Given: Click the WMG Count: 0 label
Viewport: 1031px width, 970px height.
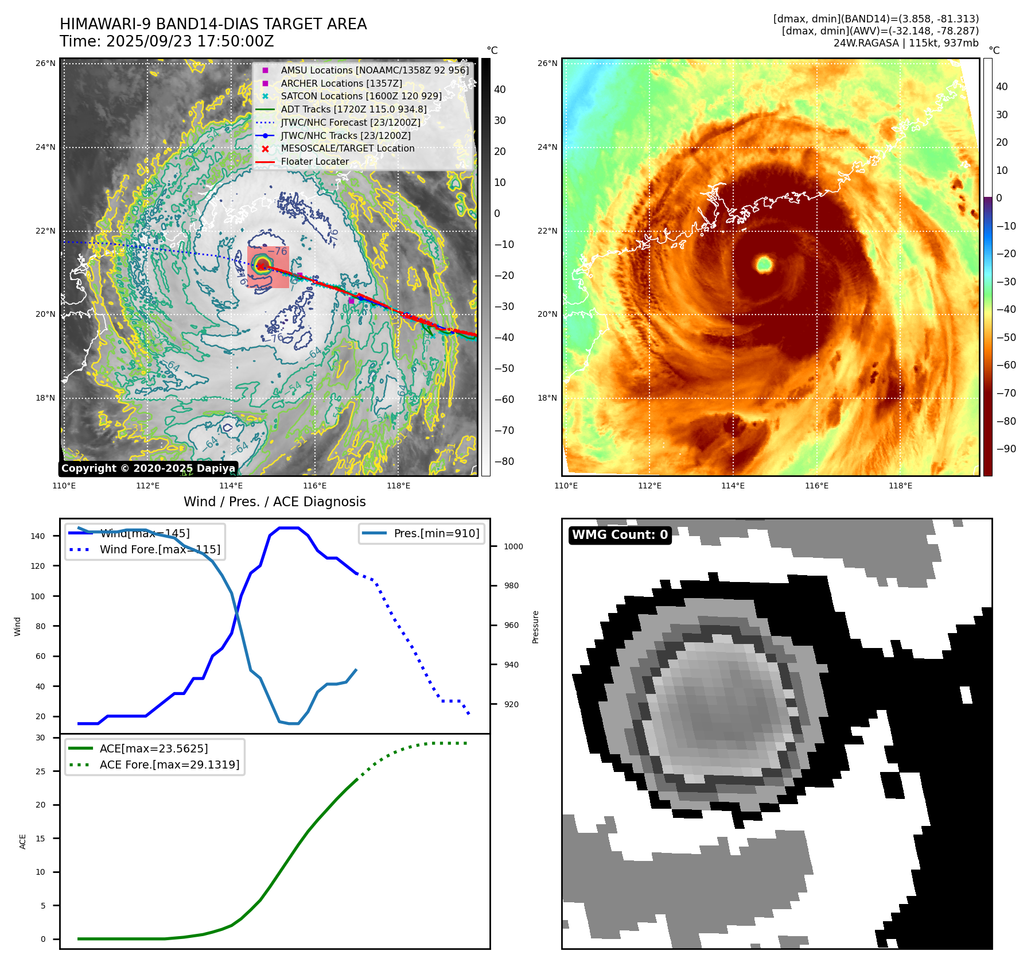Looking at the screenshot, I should point(620,535).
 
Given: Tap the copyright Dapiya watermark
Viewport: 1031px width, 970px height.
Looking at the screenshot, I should point(148,468).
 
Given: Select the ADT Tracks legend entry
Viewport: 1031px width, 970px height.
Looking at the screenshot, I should point(353,109).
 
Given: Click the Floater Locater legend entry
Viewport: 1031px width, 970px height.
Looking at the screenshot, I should point(314,162).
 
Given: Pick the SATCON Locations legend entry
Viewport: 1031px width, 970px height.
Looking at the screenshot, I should point(361,96).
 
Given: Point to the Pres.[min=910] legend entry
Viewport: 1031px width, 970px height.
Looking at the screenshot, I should point(436,533).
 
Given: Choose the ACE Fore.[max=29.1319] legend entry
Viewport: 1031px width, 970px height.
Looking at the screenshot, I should point(169,765).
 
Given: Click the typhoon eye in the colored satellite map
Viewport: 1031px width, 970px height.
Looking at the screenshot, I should point(764,264).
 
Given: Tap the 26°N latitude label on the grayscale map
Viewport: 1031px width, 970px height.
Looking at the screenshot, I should point(45,63).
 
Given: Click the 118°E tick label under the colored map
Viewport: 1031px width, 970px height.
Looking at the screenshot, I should point(900,486).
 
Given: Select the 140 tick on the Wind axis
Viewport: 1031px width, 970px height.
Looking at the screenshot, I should point(38,536).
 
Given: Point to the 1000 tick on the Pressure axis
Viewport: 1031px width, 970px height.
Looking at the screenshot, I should point(513,546).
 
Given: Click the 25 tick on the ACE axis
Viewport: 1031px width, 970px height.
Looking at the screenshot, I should point(40,771).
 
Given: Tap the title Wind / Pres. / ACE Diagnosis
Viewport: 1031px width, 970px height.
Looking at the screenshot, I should point(274,502).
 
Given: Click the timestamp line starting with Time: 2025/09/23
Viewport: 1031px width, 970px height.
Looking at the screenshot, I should point(166,41).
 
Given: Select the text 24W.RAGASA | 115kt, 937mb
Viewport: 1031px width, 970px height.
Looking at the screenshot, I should point(905,43).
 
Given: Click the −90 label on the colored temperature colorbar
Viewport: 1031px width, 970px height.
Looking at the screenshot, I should point(1006,449).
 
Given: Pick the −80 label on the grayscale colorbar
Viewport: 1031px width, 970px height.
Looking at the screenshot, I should point(504,461).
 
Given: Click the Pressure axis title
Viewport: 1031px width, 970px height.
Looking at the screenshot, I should point(535,627).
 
